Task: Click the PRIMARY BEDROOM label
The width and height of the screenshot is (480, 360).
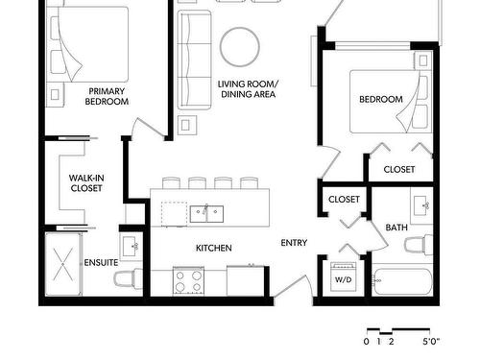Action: [107, 96]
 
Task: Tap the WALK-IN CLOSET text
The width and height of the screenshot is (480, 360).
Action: [86, 182]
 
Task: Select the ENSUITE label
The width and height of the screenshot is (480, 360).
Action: [101, 262]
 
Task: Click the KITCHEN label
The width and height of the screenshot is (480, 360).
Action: [214, 248]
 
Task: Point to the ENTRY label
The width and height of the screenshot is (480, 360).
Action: [294, 243]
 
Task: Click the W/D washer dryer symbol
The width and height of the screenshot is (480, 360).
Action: [343, 276]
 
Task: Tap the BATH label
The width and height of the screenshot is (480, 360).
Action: [396, 228]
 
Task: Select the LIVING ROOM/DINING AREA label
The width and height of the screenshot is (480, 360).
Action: [248, 89]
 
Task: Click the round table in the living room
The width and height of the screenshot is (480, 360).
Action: [240, 47]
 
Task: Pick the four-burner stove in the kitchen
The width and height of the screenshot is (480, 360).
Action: [188, 281]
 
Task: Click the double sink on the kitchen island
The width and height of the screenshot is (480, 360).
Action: [206, 214]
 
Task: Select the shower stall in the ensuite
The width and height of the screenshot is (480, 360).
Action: [63, 264]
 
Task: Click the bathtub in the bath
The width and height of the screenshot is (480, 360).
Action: [402, 281]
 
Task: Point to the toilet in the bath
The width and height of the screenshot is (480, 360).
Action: [419, 245]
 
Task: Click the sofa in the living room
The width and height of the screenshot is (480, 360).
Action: [195, 60]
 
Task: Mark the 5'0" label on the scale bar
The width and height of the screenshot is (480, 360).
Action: [431, 342]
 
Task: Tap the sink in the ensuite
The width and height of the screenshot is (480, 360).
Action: [132, 247]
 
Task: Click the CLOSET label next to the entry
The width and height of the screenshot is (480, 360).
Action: [344, 200]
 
